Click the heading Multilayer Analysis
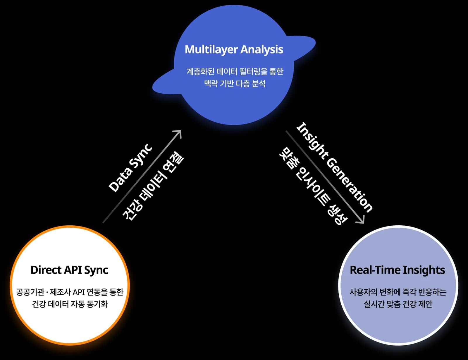234,49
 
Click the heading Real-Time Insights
397,270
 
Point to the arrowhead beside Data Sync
178,133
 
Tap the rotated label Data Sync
130,168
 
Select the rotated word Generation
349,185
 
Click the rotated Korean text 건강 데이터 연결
153,186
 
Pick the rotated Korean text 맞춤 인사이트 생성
313,186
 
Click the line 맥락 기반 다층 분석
235,83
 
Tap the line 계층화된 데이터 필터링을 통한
235,71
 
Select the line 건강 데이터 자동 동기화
70,304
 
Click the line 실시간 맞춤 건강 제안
398,304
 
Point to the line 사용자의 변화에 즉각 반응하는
398,292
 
